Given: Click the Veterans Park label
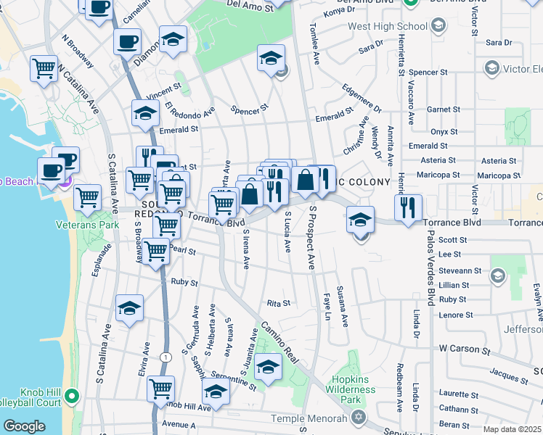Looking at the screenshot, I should click(87, 225).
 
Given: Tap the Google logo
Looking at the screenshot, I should click(23, 426).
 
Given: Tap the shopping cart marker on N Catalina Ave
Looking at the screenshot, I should click(44, 69).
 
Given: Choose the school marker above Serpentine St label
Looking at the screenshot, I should click(268, 367).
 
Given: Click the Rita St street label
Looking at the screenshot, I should click(279, 303).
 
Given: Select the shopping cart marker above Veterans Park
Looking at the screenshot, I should click(88, 196).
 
